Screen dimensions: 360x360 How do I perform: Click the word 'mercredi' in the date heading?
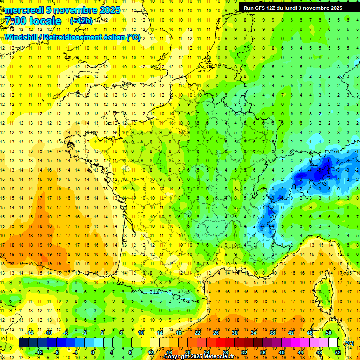pyautogui.click(x=22, y=10)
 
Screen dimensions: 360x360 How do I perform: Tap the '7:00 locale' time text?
pyautogui.click(x=33, y=21)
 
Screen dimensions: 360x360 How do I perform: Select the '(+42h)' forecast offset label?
pyautogui.click(x=81, y=21)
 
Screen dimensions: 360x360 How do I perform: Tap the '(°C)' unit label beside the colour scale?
pyautogui.click(x=349, y=343)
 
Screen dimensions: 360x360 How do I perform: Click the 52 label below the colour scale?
pyautogui.click(x=338, y=352)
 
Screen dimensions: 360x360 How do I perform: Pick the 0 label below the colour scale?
pyautogui.click(x=93, y=352)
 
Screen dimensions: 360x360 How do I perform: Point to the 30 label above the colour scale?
pyautogui.click(x=235, y=333)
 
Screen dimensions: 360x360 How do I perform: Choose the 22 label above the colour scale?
pyautogui.click(x=197, y=333)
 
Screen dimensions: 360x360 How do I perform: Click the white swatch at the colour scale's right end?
pyautogui.click(x=333, y=343)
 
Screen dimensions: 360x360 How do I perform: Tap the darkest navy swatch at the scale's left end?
pyautogui.click(x=23, y=343)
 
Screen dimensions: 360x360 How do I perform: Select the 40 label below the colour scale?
pyautogui.click(x=282, y=352)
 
